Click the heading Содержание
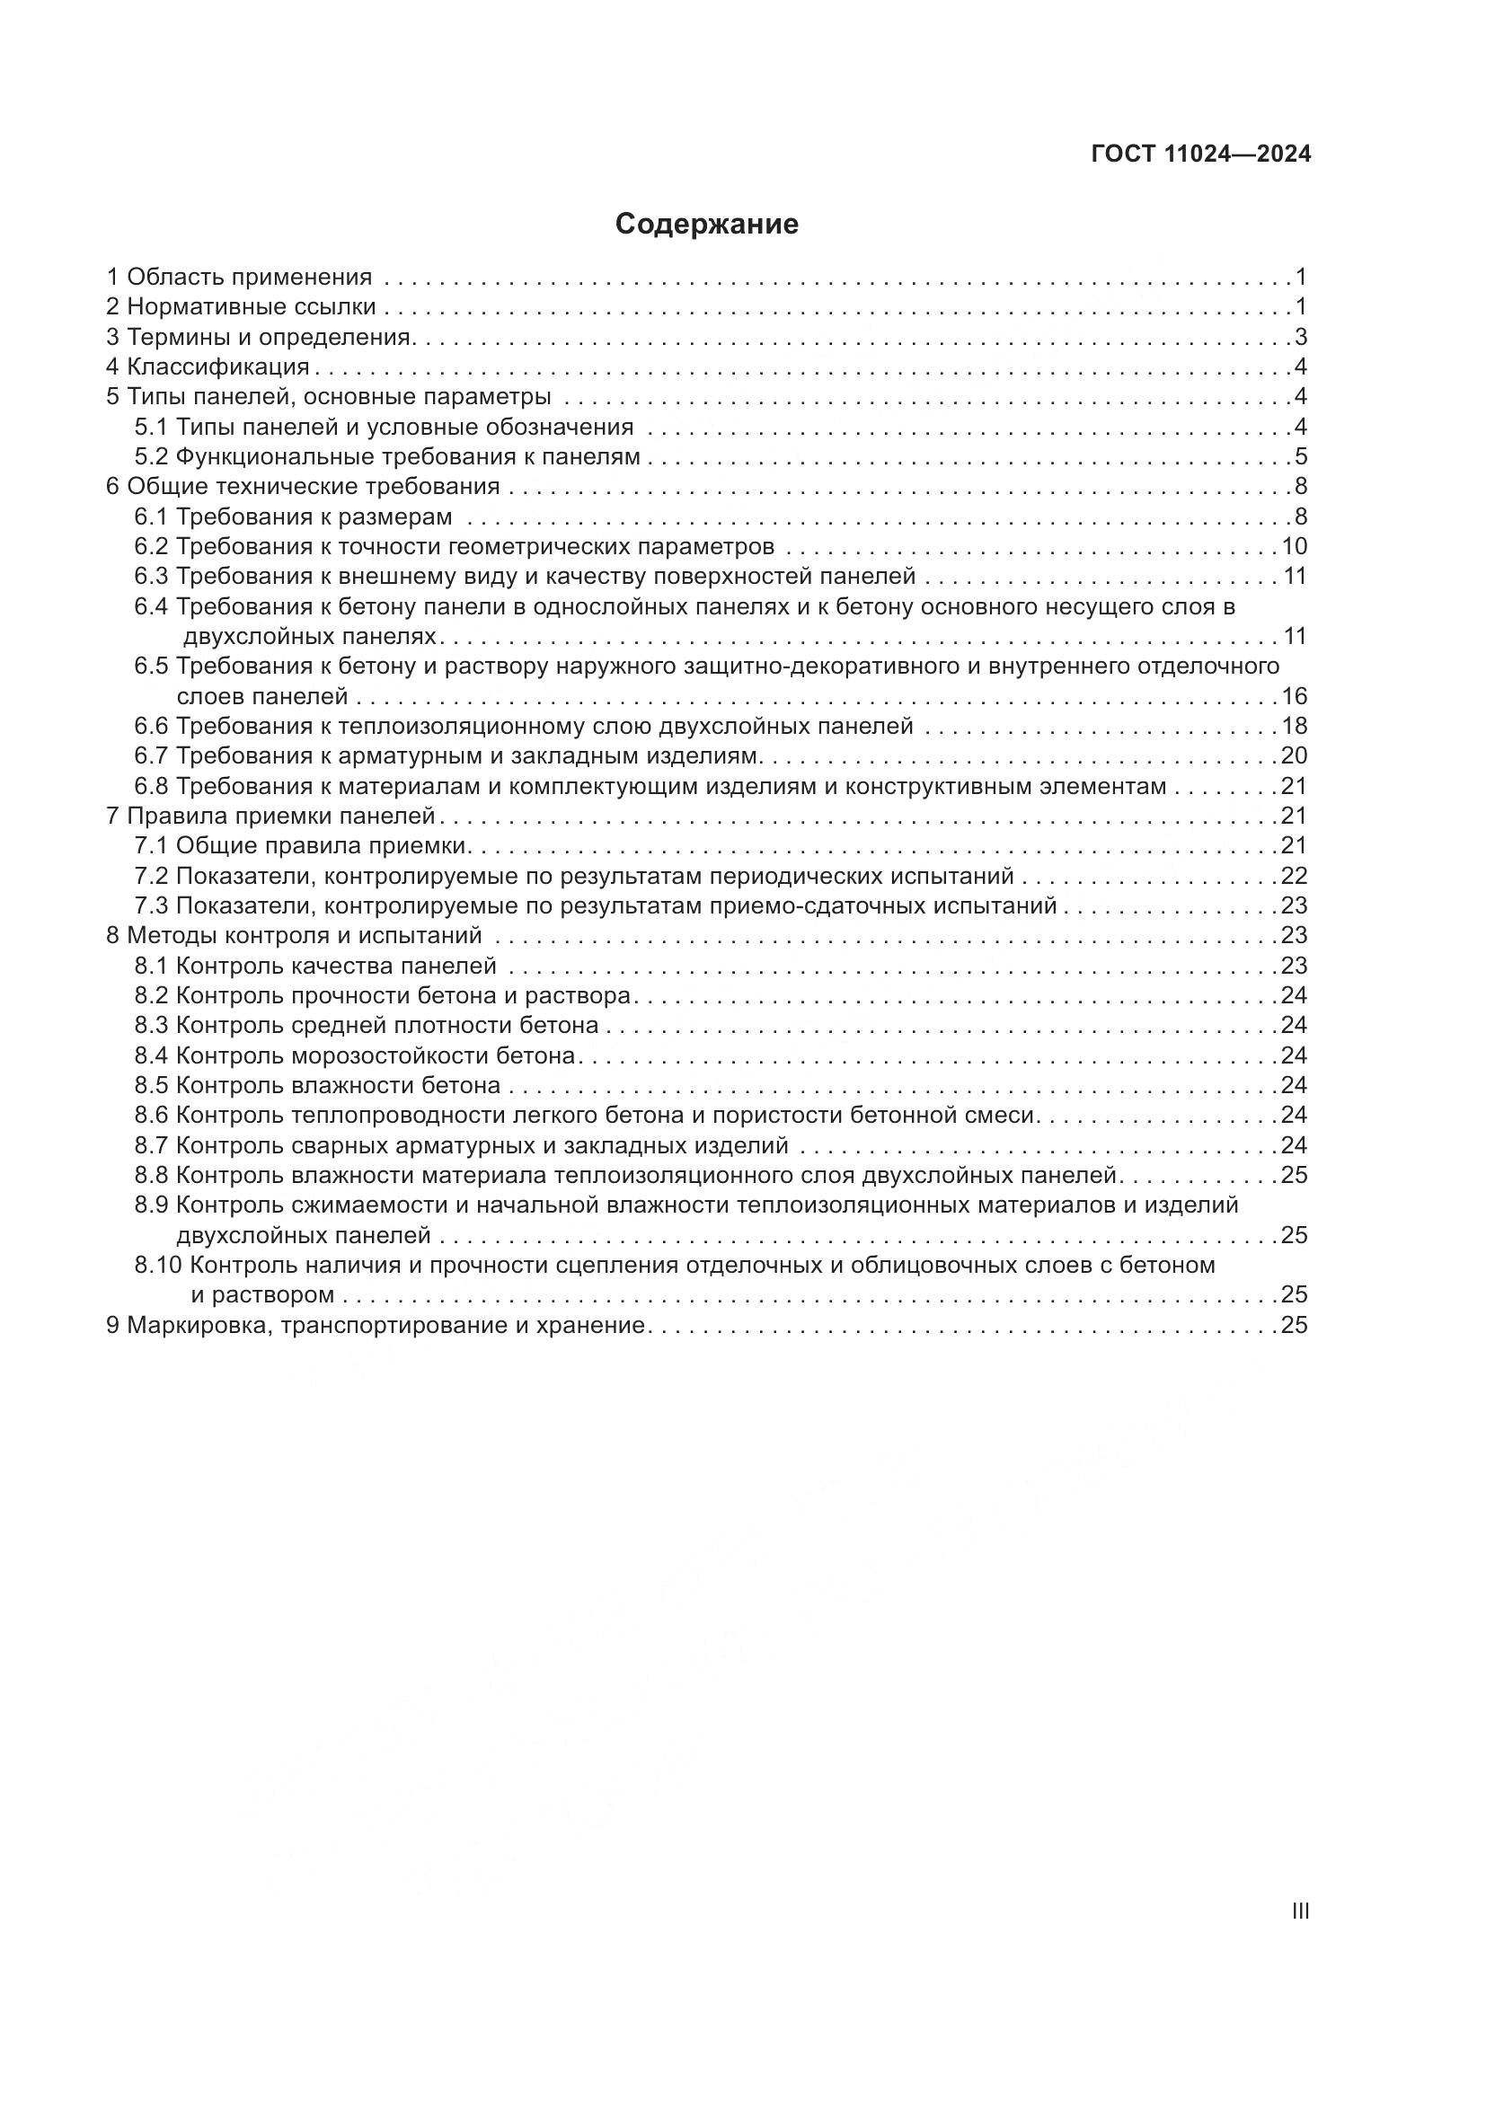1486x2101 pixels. [706, 225]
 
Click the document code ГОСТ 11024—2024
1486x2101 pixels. [1200, 154]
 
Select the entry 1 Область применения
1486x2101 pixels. [240, 277]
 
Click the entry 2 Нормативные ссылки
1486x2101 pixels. [242, 306]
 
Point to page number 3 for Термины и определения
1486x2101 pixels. [1300, 337]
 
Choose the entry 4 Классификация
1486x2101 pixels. [208, 367]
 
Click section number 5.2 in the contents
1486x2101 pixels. [151, 456]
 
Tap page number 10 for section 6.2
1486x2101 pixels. [1294, 546]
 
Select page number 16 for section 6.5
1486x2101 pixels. [1294, 696]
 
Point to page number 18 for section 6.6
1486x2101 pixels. [1294, 727]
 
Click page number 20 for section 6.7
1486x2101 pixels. [1294, 755]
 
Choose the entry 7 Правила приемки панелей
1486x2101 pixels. [270, 816]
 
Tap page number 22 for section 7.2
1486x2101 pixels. [1294, 876]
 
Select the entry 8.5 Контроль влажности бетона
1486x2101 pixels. [317, 1085]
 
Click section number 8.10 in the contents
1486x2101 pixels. [158, 1265]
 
